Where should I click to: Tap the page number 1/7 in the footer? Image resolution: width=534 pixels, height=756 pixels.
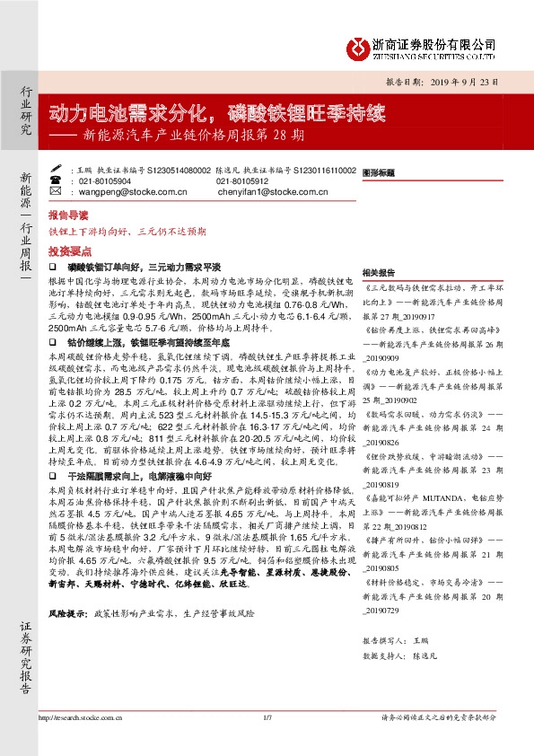[x=267, y=718]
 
